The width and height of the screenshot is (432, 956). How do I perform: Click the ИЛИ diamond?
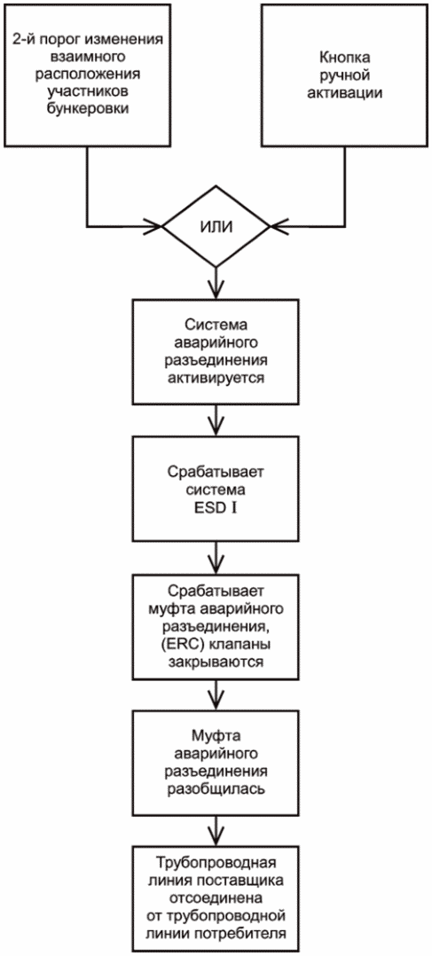click(216, 227)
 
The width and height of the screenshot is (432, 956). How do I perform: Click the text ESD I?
click(216, 504)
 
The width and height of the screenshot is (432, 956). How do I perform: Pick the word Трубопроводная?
click(216, 863)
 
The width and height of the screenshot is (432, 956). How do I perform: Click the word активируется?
click(216, 377)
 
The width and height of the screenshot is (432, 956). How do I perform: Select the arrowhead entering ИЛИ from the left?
click(154, 227)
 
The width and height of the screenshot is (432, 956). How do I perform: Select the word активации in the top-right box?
click(345, 92)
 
